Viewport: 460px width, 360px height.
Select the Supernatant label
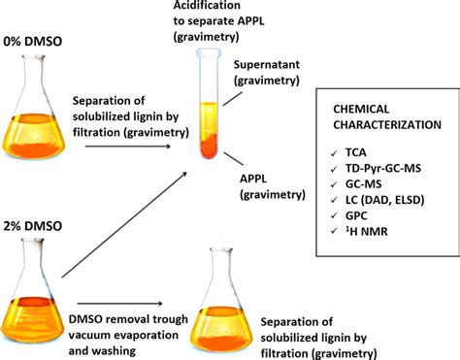pyautogui.click(x=267, y=65)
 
